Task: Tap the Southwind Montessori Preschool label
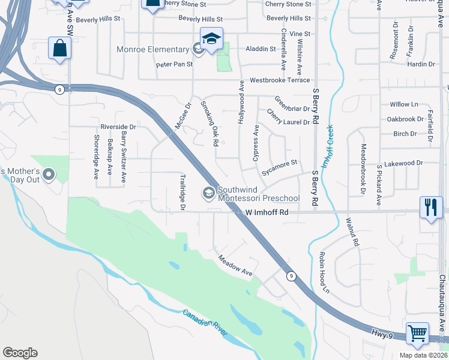coord(258,193)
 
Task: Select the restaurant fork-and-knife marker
coord(430,208)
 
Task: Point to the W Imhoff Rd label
coord(268,212)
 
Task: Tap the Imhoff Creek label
coord(328,146)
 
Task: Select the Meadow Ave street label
coord(235,265)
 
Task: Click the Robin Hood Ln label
coord(325,272)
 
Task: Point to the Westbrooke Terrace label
coord(280,80)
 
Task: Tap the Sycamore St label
coord(279,167)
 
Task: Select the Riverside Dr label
coord(118,127)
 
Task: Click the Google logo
coord(20,353)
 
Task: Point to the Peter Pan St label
coord(174,64)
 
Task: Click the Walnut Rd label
coord(352,232)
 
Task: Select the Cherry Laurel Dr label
coord(288,118)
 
